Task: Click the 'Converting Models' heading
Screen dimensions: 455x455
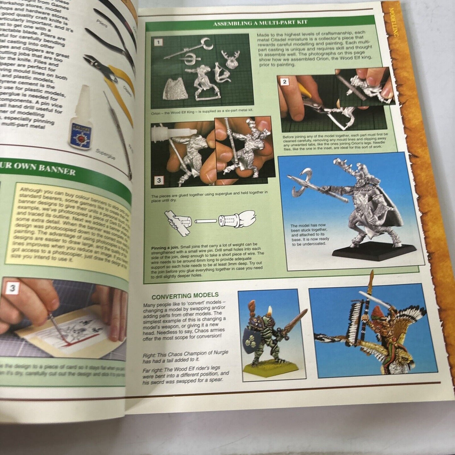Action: click(185, 295)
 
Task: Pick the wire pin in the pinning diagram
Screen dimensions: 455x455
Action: click(206, 221)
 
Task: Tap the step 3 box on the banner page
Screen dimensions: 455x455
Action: click(12, 288)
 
